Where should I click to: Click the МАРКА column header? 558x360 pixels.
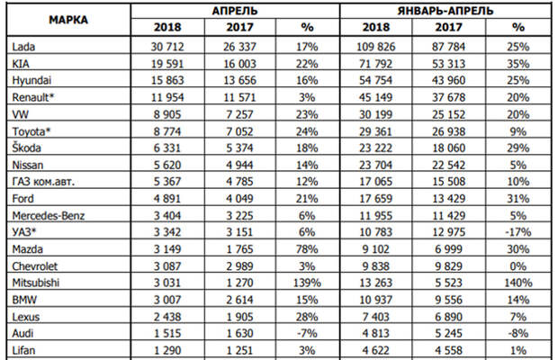[x=68, y=20]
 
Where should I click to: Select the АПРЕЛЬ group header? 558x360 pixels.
[x=235, y=11]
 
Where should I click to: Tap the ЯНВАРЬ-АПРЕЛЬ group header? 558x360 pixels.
[x=445, y=11]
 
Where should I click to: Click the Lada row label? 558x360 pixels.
[x=23, y=47]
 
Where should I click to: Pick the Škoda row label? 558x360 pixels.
[x=27, y=148]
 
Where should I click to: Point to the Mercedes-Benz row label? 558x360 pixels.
[x=49, y=216]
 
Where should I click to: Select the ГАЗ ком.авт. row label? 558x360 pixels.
[x=43, y=182]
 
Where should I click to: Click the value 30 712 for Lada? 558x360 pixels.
[x=167, y=47]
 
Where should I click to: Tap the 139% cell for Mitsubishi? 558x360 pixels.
[x=307, y=283]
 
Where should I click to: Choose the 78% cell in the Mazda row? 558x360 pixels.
[x=307, y=249]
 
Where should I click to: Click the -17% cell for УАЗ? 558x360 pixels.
[x=518, y=232]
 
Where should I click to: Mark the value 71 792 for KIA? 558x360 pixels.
[x=376, y=64]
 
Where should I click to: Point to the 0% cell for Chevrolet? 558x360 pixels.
[x=518, y=266]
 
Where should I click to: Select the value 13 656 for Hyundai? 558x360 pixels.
[x=240, y=80]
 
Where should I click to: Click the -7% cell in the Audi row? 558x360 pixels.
[x=307, y=333]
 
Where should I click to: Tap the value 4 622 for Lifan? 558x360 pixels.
[x=376, y=350]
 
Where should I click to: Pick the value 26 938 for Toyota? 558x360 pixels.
[x=449, y=131]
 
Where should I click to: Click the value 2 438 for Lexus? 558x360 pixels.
[x=167, y=317]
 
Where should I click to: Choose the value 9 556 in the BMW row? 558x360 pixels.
[x=449, y=300]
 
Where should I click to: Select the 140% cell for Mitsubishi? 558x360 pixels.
[x=518, y=283]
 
